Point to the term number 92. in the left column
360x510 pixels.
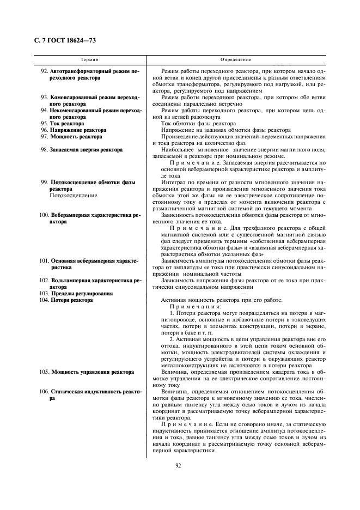coord(45,72)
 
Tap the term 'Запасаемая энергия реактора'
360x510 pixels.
coord(84,150)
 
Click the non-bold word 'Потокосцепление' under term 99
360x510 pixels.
coord(74,195)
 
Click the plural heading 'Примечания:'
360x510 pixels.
coord(188,307)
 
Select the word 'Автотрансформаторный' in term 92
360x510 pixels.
coord(79,72)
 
